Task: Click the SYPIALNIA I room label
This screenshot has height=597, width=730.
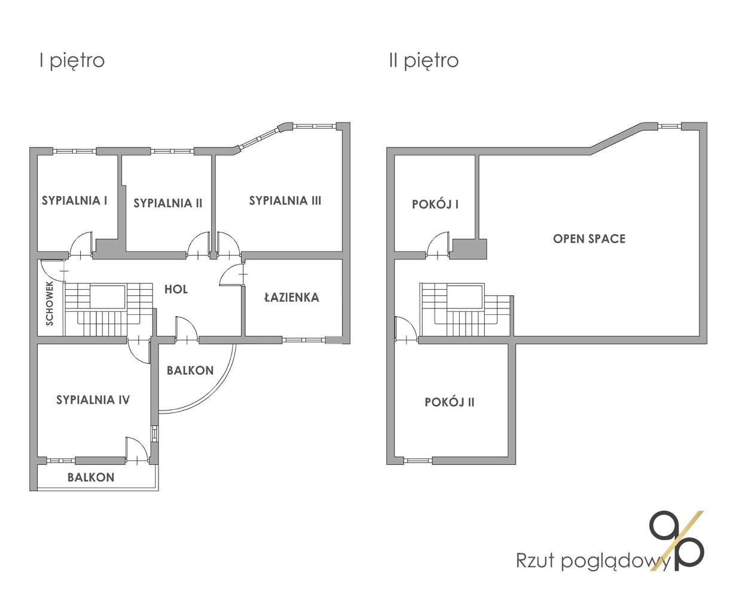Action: [75, 200]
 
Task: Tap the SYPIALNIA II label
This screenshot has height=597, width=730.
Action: [168, 203]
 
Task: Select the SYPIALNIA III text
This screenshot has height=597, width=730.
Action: [285, 200]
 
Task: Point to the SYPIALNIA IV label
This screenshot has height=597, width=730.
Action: [93, 400]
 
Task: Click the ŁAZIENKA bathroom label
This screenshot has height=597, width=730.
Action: [292, 297]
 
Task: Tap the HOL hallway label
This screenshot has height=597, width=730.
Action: [176, 289]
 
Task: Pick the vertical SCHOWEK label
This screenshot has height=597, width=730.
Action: [50, 304]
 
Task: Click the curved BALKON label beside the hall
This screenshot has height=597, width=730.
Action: [190, 370]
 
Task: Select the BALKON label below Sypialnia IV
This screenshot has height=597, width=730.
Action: [91, 477]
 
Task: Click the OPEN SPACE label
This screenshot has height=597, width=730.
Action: [589, 238]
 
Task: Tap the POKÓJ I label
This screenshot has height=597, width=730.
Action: [435, 204]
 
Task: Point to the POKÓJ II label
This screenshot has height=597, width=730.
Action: [450, 402]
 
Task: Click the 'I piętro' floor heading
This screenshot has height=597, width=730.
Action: [72, 60]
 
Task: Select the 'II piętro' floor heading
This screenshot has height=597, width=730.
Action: [424, 60]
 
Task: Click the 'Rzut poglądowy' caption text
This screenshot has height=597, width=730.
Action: [592, 561]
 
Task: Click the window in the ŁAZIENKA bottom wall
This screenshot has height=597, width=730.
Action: [303, 340]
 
